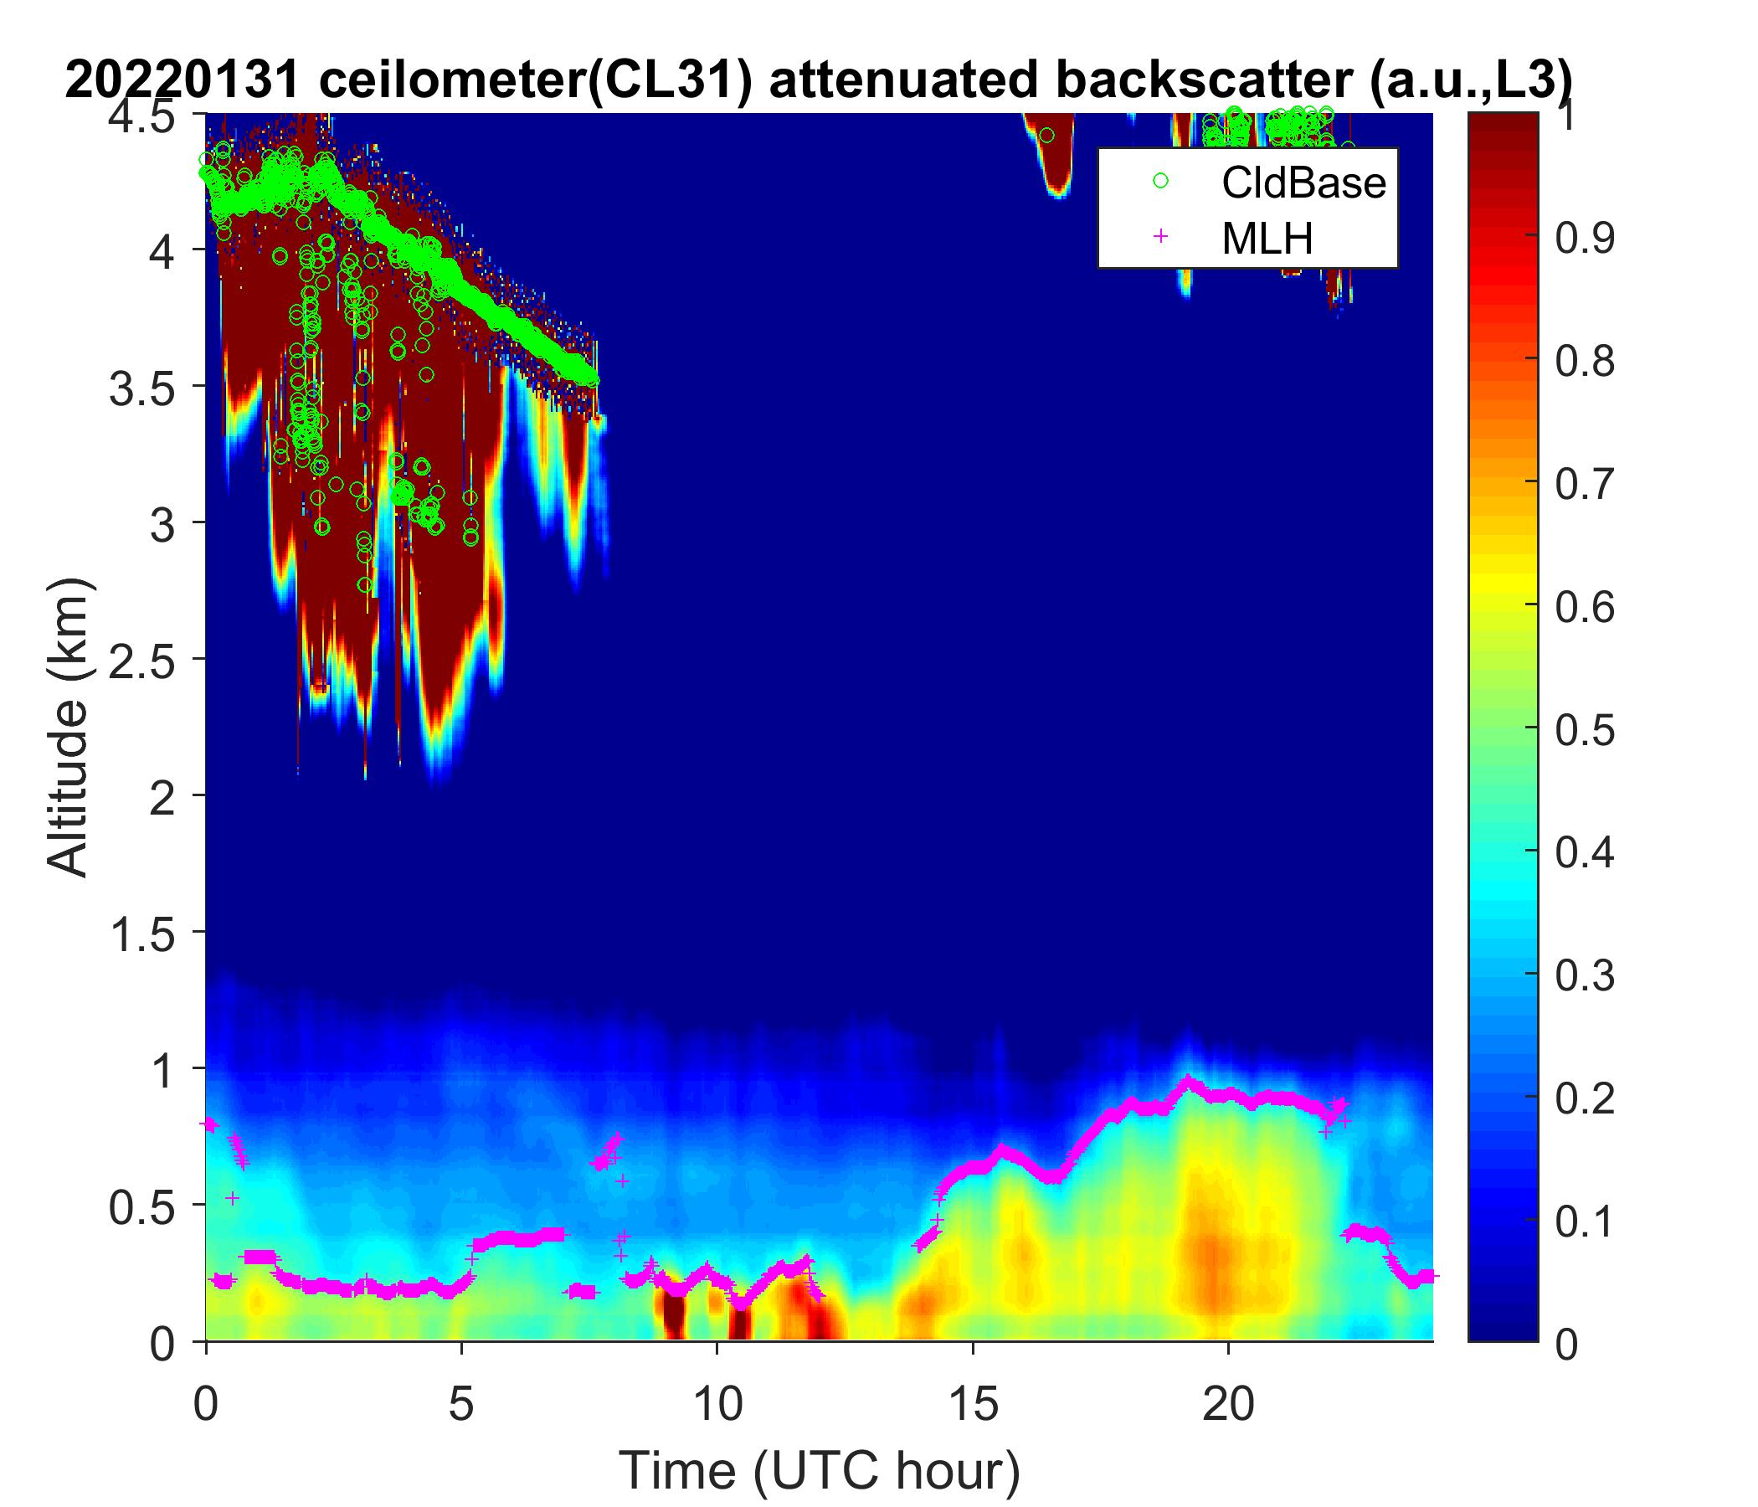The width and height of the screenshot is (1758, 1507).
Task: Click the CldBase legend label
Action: pos(1303,183)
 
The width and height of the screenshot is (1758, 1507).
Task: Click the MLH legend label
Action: pos(1267,239)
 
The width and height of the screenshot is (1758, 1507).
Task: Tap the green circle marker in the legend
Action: pos(1159,181)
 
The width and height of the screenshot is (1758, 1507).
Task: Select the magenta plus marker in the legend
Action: pos(1159,239)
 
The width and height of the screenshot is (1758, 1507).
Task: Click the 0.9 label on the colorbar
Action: pos(1584,239)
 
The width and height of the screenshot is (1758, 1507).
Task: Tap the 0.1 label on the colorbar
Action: pos(1584,1220)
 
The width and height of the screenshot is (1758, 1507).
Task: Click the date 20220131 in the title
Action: pos(182,80)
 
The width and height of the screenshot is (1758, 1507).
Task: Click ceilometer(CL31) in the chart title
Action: pos(536,81)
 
